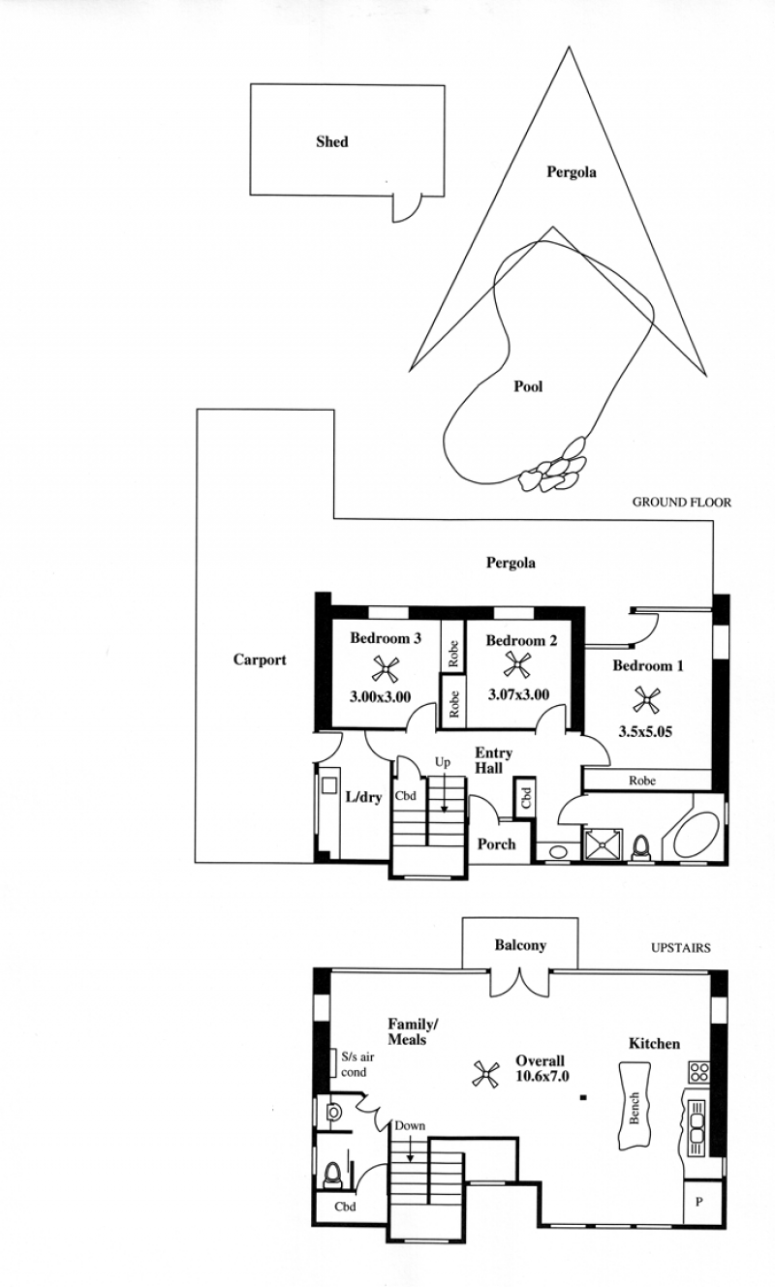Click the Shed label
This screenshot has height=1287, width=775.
[332, 141]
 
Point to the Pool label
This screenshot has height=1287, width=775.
[528, 386]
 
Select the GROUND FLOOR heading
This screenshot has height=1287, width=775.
[682, 503]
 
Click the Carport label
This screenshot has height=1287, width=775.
[260, 659]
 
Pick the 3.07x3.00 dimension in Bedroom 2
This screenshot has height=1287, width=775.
[518, 694]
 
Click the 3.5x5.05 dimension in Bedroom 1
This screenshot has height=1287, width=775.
[645, 732]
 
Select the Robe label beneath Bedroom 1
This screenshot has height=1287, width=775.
[642, 781]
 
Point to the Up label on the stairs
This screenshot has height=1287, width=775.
[442, 762]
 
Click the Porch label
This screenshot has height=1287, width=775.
[496, 844]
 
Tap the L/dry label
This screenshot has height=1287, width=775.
[363, 797]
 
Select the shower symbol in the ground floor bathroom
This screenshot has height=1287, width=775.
[604, 844]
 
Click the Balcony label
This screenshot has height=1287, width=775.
[520, 945]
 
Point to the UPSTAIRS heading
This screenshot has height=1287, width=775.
[681, 947]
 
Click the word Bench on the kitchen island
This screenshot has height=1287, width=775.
[635, 1108]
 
